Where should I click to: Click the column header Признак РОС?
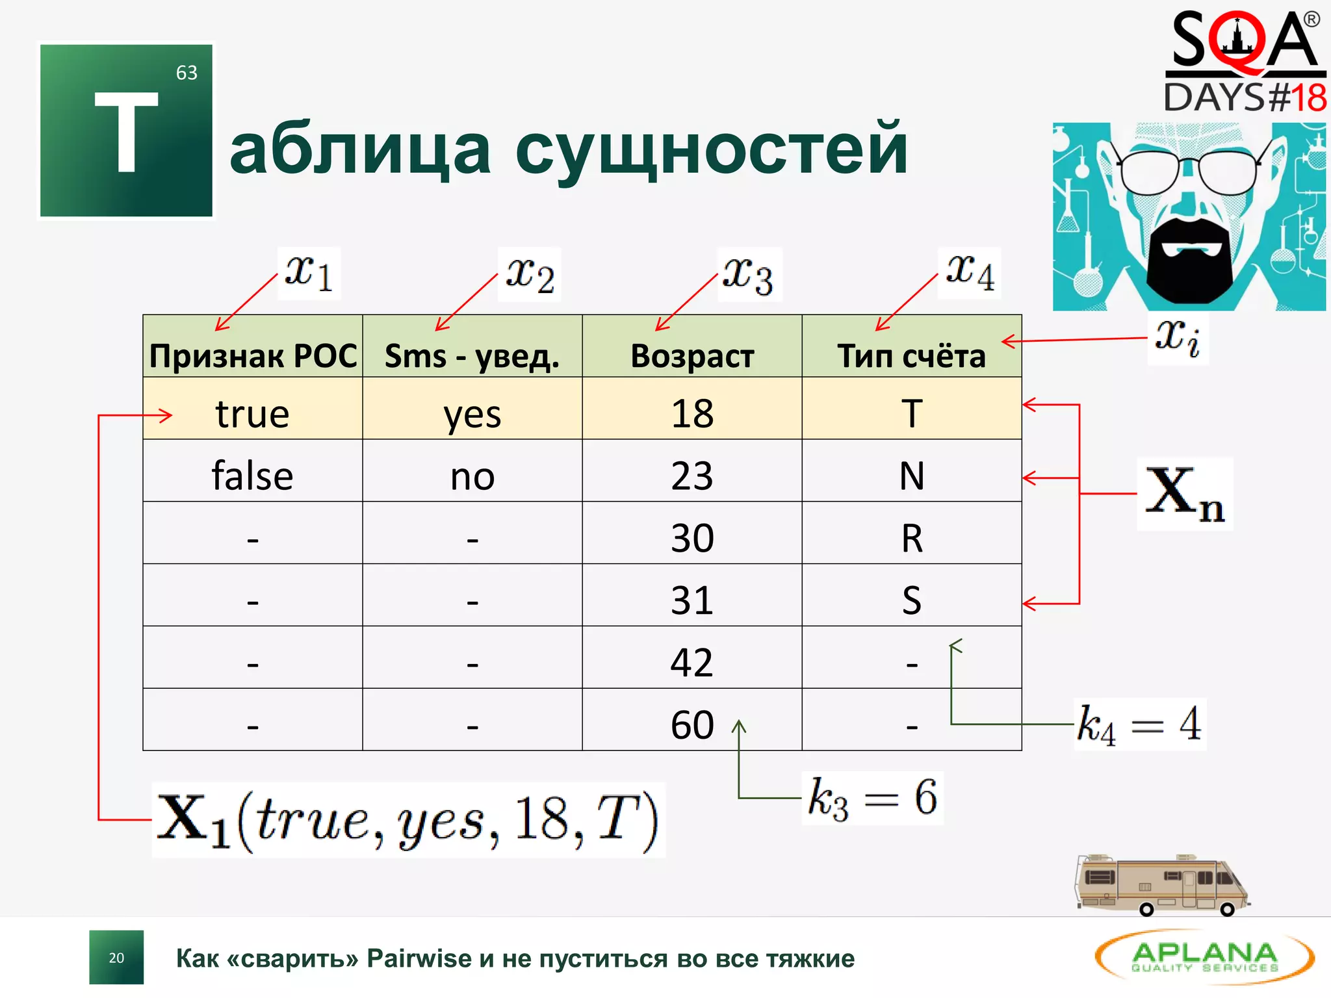[253, 356]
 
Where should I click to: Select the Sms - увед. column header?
[472, 356]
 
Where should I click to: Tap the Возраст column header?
[692, 356]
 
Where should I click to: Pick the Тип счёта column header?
[911, 356]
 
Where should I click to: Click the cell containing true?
[253, 414]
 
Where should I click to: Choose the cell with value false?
[253, 476]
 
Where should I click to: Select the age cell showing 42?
[692, 663]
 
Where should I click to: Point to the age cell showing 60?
[692, 724]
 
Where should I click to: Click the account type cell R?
[912, 538]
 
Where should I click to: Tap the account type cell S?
[912, 600]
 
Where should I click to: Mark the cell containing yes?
[472, 414]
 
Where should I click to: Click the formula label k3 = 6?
[872, 798]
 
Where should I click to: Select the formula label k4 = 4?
[1139, 724]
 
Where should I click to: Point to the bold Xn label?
[1184, 494]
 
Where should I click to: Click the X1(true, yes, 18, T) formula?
[408, 820]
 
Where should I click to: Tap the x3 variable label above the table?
[749, 274]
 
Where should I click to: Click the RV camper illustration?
[1161, 885]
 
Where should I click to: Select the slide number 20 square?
[116, 958]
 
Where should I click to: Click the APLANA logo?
[1204, 957]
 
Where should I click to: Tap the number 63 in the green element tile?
[187, 73]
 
